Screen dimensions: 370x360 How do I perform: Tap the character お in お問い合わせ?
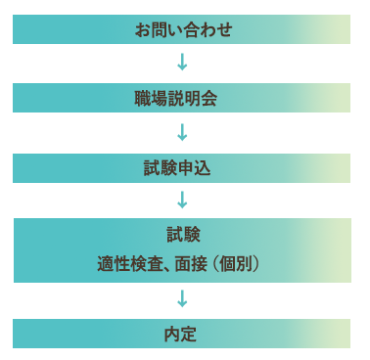142,29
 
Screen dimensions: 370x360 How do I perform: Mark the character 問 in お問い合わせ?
159,29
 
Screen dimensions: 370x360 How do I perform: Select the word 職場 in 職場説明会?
151,98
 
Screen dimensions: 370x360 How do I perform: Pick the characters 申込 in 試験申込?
199,167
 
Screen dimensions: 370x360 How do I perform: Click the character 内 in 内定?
173,334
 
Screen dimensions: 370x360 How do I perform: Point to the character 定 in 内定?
191,334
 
